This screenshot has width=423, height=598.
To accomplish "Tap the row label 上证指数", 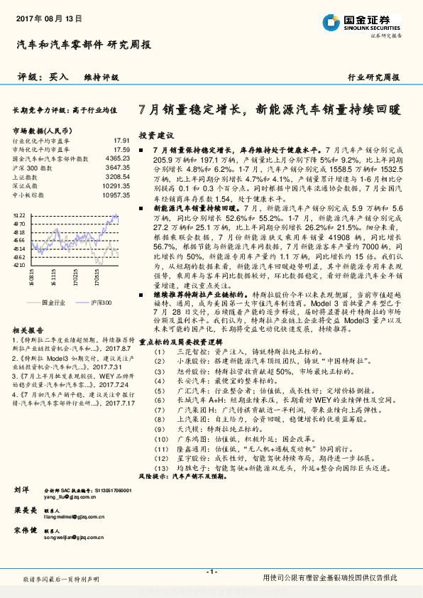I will pyautogui.click(x=26, y=176).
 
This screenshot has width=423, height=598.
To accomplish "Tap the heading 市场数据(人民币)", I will pyautogui.click(x=42, y=131).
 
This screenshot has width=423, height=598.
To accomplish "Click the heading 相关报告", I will pyautogui.click(x=28, y=331).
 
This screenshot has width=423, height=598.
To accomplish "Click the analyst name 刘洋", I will pyautogui.click(x=21, y=491).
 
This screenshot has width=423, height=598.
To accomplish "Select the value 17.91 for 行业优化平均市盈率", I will pyautogui.click(x=121, y=141).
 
